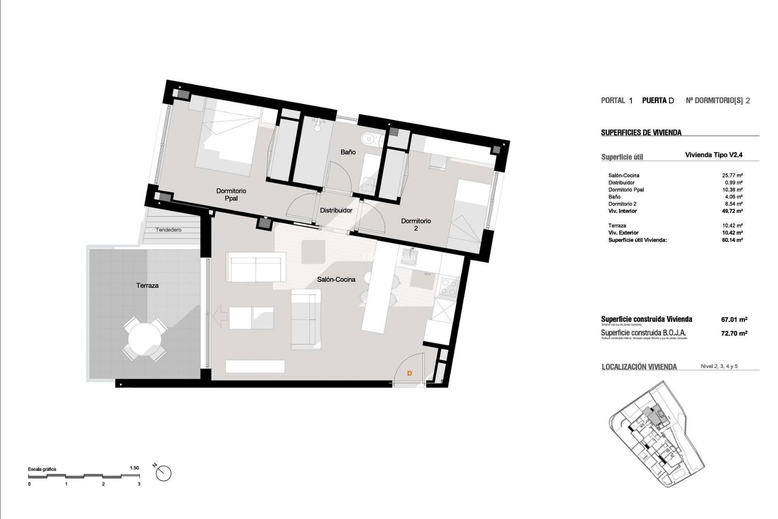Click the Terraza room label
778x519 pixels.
pyautogui.click(x=147, y=285)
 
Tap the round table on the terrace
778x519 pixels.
pyautogui.click(x=145, y=339)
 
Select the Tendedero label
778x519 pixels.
pyautogui.click(x=169, y=230)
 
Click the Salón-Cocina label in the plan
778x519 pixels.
pyautogui.click(x=336, y=279)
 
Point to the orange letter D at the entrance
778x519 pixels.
pyautogui.click(x=409, y=373)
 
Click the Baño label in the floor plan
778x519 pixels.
pyautogui.click(x=348, y=152)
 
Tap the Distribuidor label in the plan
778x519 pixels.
pyautogui.click(x=336, y=210)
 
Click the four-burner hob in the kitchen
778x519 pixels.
pyautogui.click(x=449, y=287)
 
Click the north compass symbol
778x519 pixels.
pyautogui.click(x=163, y=473)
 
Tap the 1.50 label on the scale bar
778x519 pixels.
pyautogui.click(x=134, y=468)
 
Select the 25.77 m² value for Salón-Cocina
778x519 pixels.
pyautogui.click(x=732, y=176)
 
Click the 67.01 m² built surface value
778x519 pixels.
pyautogui.click(x=734, y=320)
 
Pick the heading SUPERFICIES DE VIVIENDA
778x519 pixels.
pyautogui.click(x=641, y=133)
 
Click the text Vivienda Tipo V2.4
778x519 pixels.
pyautogui.click(x=714, y=155)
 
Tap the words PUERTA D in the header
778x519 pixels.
pyautogui.click(x=658, y=101)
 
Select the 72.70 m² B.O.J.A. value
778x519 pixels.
pyautogui.click(x=734, y=333)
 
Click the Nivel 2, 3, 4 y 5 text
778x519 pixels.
pyautogui.click(x=719, y=366)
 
